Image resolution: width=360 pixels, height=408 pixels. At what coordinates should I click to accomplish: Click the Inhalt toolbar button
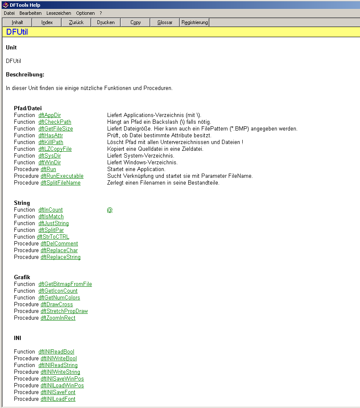tap(17, 22)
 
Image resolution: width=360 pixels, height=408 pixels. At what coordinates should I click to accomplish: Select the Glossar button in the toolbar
tap(165, 22)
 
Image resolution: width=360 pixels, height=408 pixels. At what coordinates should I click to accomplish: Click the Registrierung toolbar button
tap(195, 22)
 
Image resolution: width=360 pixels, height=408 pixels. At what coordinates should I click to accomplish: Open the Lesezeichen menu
tap(59, 13)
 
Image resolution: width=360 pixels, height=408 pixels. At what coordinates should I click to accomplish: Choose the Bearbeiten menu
tap(30, 13)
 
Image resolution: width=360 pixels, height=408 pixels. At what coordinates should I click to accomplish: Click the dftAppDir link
tap(49, 115)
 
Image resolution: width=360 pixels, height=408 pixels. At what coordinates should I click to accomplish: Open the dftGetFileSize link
tap(55, 129)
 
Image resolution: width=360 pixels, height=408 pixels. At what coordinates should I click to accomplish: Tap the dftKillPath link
tap(51, 142)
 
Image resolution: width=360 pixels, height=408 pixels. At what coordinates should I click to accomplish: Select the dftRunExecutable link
tap(62, 176)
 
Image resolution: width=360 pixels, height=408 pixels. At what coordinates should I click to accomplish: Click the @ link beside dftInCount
tap(110, 210)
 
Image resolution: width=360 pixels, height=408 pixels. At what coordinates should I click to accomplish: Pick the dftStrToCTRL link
tap(53, 237)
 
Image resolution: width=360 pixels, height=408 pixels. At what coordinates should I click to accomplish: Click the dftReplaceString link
tap(60, 257)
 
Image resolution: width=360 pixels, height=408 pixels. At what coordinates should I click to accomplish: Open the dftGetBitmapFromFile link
tap(65, 284)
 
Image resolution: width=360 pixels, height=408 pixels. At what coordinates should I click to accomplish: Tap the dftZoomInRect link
tap(58, 318)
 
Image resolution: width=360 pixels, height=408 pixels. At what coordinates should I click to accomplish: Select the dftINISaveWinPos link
tap(62, 379)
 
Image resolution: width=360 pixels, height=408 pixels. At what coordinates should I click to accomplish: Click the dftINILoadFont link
tap(58, 399)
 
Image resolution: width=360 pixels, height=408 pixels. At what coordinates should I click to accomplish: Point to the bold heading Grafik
tap(22, 277)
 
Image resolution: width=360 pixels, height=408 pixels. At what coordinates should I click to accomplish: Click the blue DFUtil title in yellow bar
tap(17, 32)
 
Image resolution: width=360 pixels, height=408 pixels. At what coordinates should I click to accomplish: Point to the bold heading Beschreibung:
tap(25, 75)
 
